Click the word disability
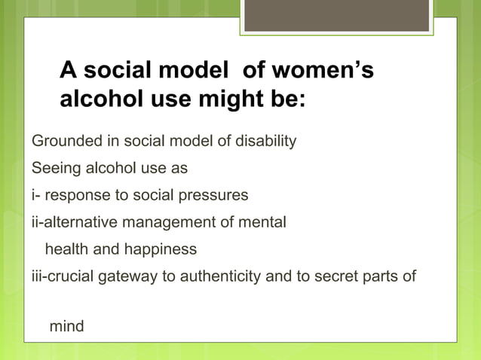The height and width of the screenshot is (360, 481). coord(265,141)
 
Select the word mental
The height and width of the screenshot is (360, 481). coord(264,222)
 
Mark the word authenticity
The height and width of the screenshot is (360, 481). coord(216,276)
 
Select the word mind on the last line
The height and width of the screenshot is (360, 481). coord(66,327)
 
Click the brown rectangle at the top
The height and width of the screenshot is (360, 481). coord(336,16)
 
